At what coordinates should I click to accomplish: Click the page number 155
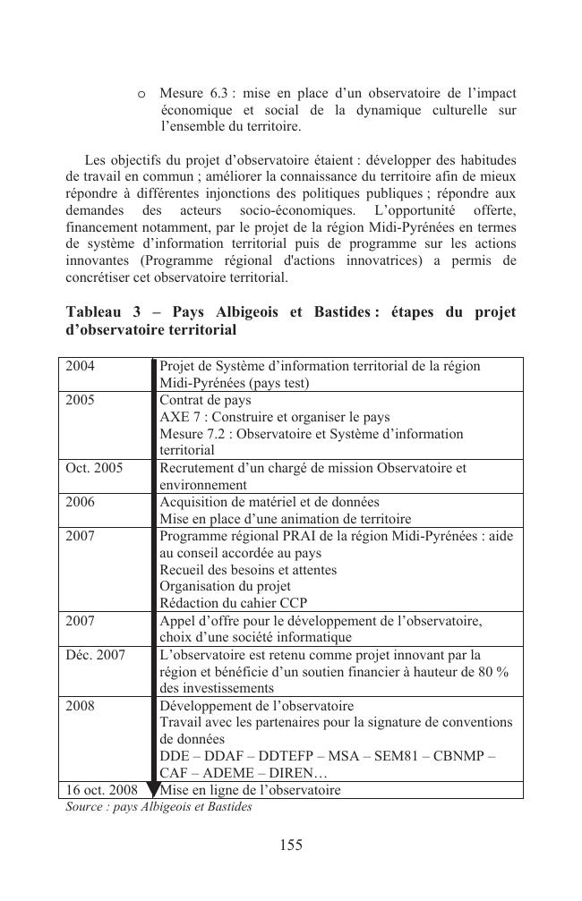point(290,846)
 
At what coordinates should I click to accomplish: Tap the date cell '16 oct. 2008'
point(101,790)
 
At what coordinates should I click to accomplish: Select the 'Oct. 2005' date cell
point(94,468)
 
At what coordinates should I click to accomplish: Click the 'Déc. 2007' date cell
point(96,655)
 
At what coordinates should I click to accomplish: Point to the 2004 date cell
point(81,366)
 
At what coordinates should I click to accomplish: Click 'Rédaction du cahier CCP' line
point(233,603)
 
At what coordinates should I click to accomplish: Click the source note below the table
point(158,806)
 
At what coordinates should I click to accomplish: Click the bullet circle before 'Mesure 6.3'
point(142,94)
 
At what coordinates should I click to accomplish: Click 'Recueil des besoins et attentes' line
point(248,569)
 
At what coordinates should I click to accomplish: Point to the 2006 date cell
point(81,502)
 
